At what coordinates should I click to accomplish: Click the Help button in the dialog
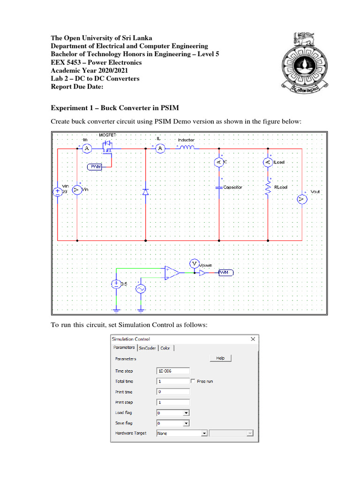pos(220,358)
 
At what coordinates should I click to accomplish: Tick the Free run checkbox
pos(193,381)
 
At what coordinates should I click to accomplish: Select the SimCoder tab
pos(148,348)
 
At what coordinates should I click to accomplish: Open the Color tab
pos(165,348)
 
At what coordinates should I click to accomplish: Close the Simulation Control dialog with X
pos(253,339)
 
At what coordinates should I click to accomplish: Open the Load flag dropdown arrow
pos(186,413)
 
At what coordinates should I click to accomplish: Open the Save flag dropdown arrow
pos(186,423)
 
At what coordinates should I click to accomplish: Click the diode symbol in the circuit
pos(145,192)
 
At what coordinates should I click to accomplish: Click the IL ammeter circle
pos(160,149)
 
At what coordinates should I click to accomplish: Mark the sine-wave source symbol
pos(140,289)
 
